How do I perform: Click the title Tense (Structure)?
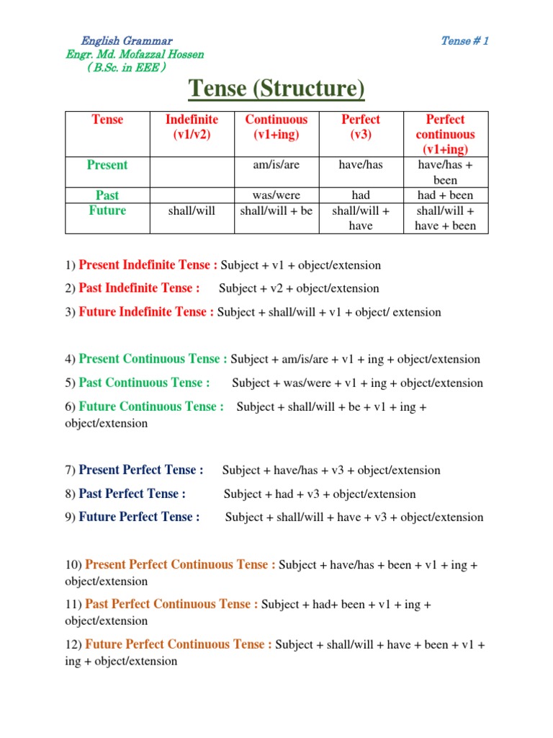pos(276,90)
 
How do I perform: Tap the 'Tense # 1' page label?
pos(464,40)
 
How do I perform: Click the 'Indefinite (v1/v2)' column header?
pos(192,127)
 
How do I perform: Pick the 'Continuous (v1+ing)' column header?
pos(276,127)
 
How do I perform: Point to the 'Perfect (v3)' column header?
pos(361,127)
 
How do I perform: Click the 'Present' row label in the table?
pos(107,165)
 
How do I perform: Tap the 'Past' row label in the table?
pos(107,195)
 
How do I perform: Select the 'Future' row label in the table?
pos(107,210)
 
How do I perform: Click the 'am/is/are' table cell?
pos(276,165)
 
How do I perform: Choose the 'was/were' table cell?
pos(276,195)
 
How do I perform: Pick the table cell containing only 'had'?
pos(361,195)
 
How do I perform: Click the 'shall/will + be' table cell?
pos(276,210)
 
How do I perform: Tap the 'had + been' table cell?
pos(446,195)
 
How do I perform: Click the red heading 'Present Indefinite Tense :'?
pos(148,264)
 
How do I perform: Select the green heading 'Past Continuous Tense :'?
pos(144,383)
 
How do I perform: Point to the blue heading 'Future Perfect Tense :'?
pos(139,517)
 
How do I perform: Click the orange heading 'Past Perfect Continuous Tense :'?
pos(171,604)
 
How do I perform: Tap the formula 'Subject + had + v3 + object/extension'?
pos(320,494)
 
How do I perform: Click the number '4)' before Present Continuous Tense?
pos(70,359)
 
